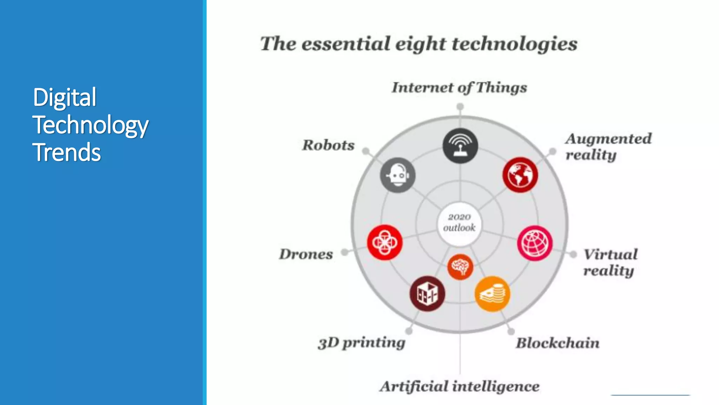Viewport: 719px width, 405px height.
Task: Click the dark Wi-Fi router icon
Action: click(x=460, y=146)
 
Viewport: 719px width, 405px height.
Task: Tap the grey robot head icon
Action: click(x=398, y=175)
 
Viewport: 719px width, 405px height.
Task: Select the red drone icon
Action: click(x=385, y=242)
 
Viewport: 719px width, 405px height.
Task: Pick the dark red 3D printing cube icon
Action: click(x=427, y=294)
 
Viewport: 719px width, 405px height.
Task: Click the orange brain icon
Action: click(x=460, y=267)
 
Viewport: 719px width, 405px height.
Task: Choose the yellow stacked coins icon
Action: click(x=492, y=294)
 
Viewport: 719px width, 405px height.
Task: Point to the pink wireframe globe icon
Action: click(x=535, y=243)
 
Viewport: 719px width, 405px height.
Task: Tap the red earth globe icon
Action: click(x=520, y=175)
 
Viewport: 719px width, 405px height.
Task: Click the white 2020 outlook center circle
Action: click(x=459, y=223)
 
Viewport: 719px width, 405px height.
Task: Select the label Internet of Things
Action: click(x=459, y=88)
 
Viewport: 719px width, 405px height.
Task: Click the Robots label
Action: click(x=328, y=145)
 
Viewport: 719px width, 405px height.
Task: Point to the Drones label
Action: click(x=306, y=254)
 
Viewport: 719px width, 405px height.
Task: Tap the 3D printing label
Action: click(x=362, y=343)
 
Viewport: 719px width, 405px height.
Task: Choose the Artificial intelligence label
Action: click(x=459, y=386)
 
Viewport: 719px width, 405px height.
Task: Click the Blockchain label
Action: click(x=558, y=343)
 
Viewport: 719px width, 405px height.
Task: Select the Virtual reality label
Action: click(x=610, y=262)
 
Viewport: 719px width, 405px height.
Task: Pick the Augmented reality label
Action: click(x=608, y=147)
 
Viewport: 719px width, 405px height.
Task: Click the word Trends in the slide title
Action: click(x=67, y=152)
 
